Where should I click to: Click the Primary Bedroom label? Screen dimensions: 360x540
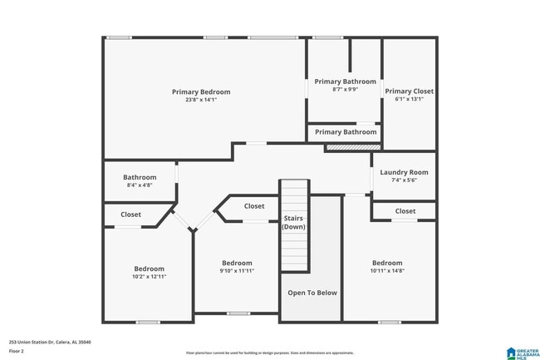pyautogui.click(x=201, y=91)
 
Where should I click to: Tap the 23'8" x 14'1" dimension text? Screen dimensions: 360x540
pyautogui.click(x=201, y=100)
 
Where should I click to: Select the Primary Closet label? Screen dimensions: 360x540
pyautogui.click(x=409, y=91)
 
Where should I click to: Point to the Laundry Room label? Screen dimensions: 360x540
pyautogui.click(x=404, y=172)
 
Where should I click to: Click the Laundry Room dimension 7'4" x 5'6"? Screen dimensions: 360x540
pyautogui.click(x=404, y=180)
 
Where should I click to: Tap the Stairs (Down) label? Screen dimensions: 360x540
pyautogui.click(x=294, y=222)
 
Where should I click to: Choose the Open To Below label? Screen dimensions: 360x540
pyautogui.click(x=312, y=293)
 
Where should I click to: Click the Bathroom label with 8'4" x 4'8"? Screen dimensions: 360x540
pyautogui.click(x=140, y=177)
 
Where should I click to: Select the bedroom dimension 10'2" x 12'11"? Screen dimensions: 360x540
pyautogui.click(x=150, y=277)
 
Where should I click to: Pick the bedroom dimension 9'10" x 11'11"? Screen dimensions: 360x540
pyautogui.click(x=237, y=270)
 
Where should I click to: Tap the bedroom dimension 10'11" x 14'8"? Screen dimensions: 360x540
pyautogui.click(x=387, y=270)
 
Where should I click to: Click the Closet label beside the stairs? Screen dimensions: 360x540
pyautogui.click(x=254, y=206)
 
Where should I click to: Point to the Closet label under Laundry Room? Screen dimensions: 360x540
pyautogui.click(x=405, y=211)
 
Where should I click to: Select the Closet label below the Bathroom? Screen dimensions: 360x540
pyautogui.click(x=130, y=215)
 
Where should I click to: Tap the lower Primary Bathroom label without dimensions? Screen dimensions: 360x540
pyautogui.click(x=346, y=132)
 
